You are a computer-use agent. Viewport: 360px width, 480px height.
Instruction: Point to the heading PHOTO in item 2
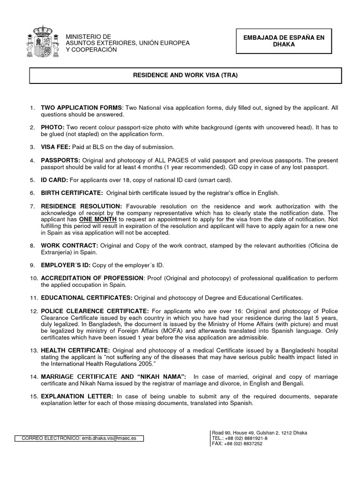(x=53, y=127)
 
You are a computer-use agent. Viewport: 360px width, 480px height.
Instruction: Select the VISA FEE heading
(x=56, y=147)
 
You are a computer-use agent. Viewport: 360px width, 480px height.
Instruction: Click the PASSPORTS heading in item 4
(x=60, y=161)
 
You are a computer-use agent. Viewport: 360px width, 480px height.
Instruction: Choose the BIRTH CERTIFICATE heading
(x=72, y=193)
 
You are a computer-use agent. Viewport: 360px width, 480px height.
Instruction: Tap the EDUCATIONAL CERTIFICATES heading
(x=87, y=298)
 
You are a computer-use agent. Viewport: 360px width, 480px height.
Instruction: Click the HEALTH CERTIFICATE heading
(x=75, y=350)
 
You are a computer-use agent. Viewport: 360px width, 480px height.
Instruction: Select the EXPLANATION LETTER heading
(x=77, y=396)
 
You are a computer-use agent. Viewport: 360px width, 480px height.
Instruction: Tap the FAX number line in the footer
(x=237, y=444)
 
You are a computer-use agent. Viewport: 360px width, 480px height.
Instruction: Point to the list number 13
(x=33, y=350)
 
